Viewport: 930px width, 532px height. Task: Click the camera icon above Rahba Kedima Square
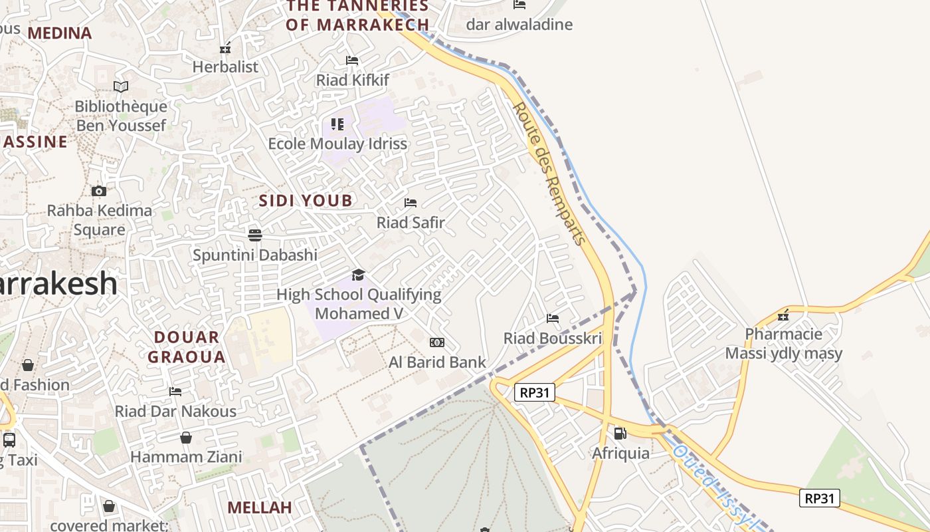(x=99, y=192)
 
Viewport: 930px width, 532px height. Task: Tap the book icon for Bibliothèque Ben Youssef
(x=120, y=86)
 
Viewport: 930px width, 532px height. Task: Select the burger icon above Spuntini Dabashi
(x=255, y=235)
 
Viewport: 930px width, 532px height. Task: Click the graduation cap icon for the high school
(x=359, y=275)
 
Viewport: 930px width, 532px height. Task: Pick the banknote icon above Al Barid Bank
(x=437, y=342)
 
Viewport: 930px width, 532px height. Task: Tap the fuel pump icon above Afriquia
(x=620, y=434)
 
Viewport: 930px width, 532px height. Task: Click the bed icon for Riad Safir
(x=411, y=202)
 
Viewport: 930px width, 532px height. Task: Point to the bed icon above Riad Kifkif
(x=352, y=61)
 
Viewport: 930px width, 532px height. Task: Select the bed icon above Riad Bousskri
(x=553, y=319)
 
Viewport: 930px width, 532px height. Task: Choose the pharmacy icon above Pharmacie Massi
(x=784, y=314)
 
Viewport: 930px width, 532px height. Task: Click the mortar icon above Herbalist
(x=225, y=48)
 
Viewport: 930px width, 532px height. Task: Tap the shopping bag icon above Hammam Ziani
(x=186, y=438)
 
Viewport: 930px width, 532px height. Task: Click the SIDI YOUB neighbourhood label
(x=306, y=201)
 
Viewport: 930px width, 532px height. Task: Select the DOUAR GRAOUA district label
(x=187, y=347)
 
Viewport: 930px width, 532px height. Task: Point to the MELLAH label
(x=260, y=508)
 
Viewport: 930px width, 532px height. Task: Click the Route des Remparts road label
(x=551, y=173)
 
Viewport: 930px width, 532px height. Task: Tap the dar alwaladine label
(x=519, y=25)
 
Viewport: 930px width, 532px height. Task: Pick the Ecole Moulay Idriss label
(x=337, y=144)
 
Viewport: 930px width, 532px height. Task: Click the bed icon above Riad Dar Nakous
(x=175, y=392)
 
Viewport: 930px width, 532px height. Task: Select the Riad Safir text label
(x=411, y=223)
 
